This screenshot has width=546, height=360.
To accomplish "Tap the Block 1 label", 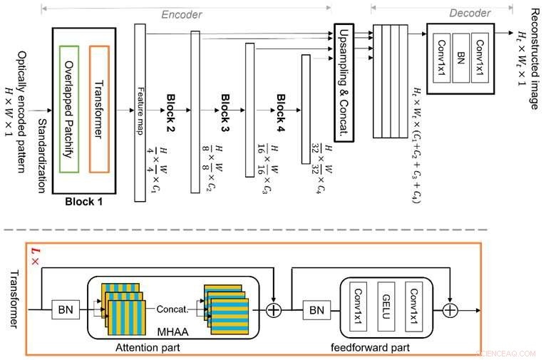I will coord(84,202).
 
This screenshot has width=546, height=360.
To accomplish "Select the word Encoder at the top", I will coord(182,14).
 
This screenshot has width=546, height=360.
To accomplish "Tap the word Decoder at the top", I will coord(470,14).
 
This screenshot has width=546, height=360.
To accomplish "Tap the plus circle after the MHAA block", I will coord(274,309).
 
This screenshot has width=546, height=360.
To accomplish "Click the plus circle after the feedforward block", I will coord(450,309).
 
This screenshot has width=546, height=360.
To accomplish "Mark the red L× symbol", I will coord(34,254).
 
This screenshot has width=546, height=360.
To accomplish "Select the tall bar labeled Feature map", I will coord(140,110).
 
